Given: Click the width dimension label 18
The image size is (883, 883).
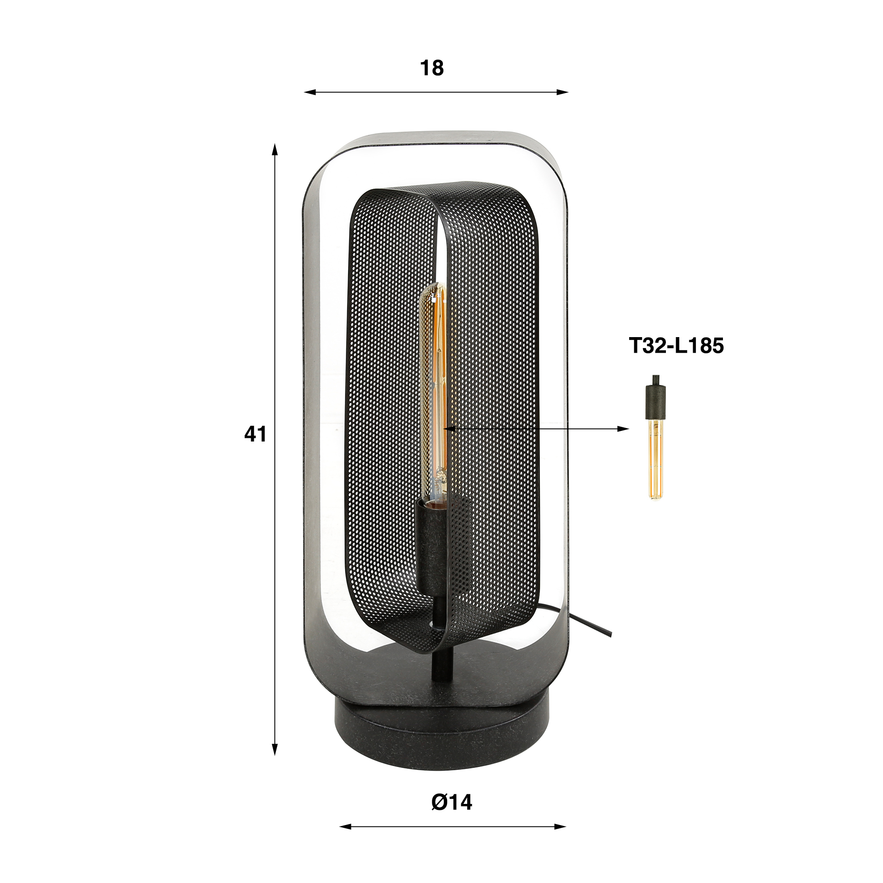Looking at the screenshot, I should [x=431, y=68].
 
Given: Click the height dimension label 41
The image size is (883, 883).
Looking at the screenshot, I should [x=255, y=434].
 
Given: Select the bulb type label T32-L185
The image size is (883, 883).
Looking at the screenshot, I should [x=676, y=346].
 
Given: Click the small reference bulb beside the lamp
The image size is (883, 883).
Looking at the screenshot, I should [x=655, y=460].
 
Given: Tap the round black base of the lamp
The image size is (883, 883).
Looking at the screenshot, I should [x=441, y=727].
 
